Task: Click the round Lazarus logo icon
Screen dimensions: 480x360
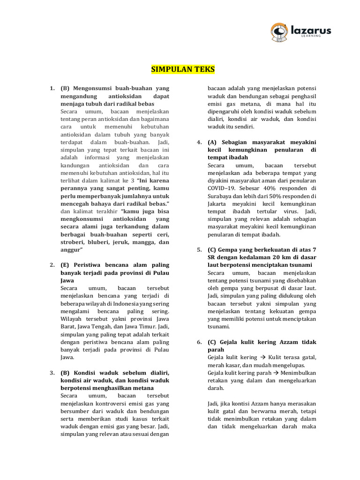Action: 280,32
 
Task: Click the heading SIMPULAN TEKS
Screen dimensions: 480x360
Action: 183,69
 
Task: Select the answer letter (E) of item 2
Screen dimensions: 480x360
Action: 65,265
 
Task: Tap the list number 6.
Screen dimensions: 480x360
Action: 199,342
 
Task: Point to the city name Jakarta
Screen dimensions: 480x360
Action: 218,204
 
